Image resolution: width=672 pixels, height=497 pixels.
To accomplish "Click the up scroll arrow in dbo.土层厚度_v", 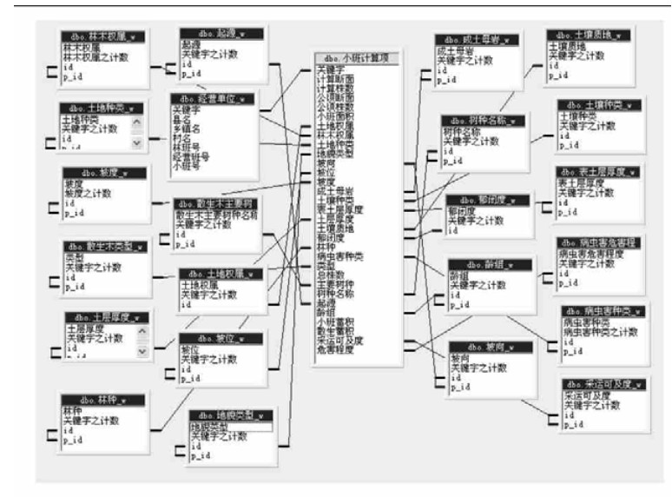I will point(142,331).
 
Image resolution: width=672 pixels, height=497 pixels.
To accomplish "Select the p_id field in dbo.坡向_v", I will point(459,388).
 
